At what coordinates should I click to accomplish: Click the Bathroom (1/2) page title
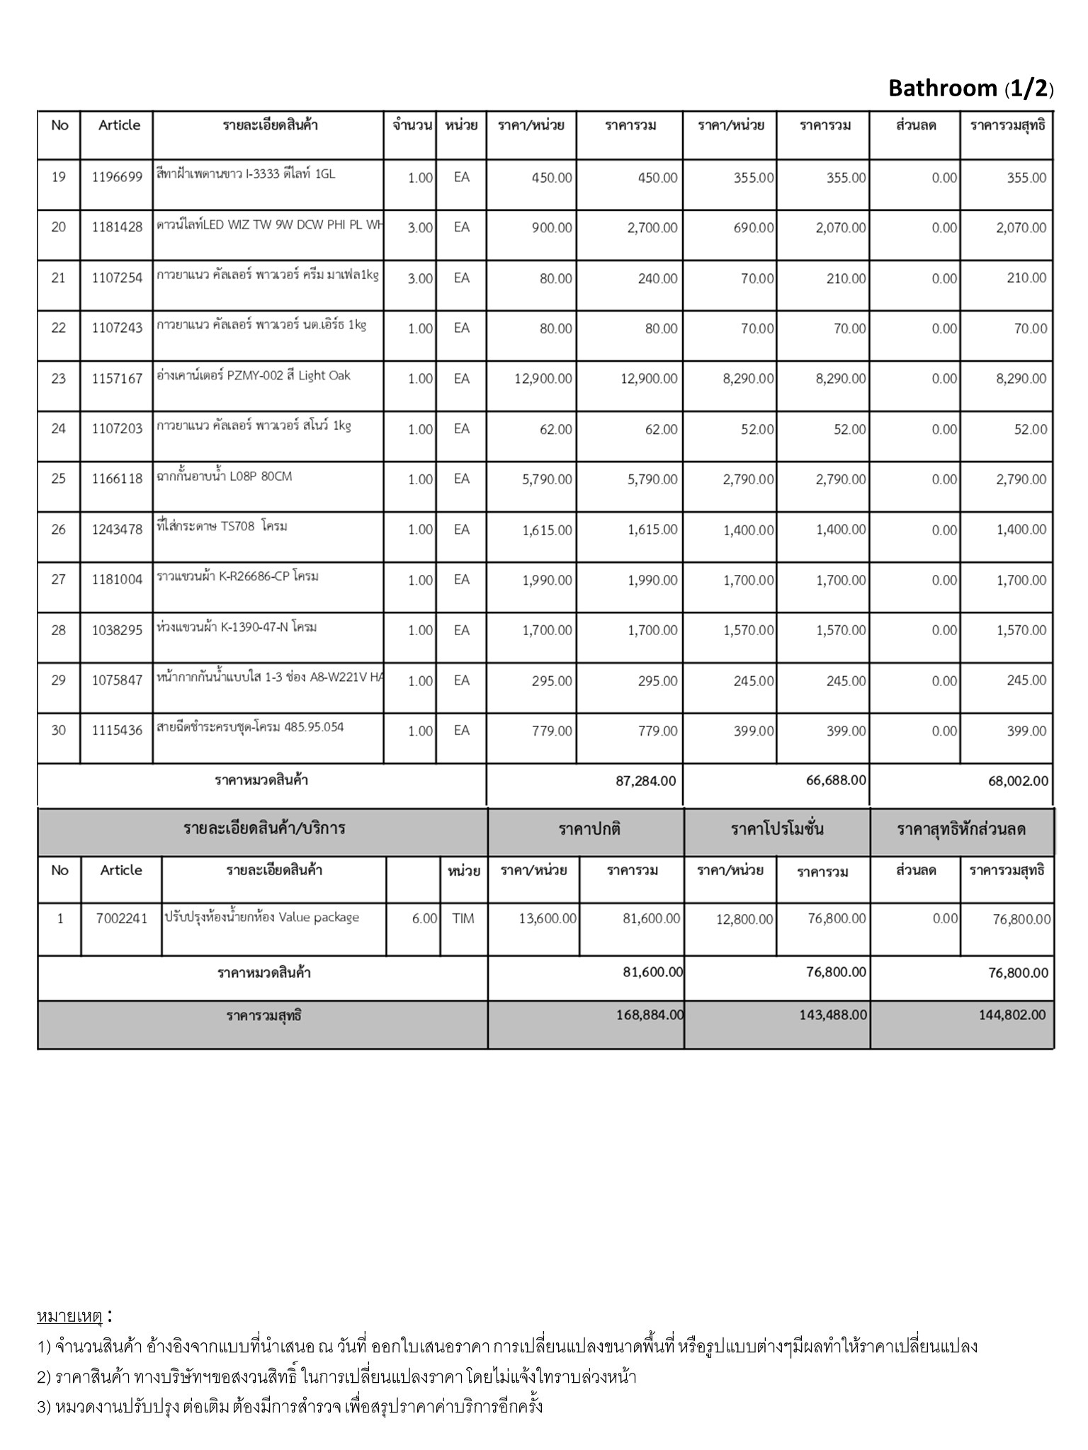[x=970, y=89]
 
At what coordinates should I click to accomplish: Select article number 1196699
[x=117, y=178]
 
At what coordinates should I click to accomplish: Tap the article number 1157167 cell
[x=117, y=379]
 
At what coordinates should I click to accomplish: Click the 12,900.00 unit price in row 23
[x=543, y=379]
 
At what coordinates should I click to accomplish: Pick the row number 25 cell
[x=59, y=479]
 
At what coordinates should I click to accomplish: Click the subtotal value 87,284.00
[x=646, y=781]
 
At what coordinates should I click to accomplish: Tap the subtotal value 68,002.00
[x=1019, y=781]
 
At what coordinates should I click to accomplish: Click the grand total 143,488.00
[x=836, y=1015]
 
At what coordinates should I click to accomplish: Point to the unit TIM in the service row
[x=463, y=919]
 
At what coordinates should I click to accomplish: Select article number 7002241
[x=122, y=919]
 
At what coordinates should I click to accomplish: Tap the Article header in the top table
[x=119, y=125]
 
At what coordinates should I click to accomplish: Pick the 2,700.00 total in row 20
[x=652, y=228]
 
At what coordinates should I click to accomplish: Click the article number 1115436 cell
[x=117, y=731]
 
